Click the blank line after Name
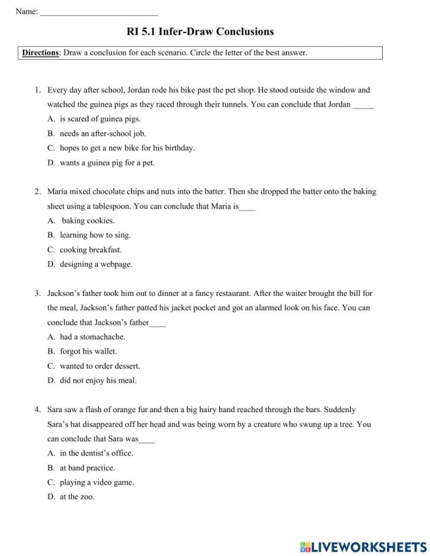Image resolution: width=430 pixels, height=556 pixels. click(98, 12)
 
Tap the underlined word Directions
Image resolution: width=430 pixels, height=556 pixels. click(41, 53)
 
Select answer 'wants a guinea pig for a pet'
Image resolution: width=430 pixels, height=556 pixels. click(107, 163)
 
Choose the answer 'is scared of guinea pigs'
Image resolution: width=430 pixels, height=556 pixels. click(100, 119)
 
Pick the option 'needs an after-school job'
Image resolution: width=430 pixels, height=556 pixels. click(103, 133)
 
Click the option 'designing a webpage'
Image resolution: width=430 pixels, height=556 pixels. click(96, 264)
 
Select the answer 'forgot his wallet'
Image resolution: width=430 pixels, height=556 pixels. click(88, 351)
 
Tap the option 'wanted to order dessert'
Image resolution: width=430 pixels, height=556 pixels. click(100, 366)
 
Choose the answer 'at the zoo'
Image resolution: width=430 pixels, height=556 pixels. click(77, 497)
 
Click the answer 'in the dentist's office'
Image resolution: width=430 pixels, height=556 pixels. click(96, 453)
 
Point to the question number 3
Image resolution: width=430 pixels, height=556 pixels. click(37, 293)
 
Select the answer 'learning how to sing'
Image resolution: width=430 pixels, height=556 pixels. click(95, 235)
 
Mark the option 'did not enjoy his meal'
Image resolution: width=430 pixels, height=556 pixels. click(98, 381)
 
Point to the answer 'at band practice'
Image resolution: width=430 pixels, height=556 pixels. click(87, 468)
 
